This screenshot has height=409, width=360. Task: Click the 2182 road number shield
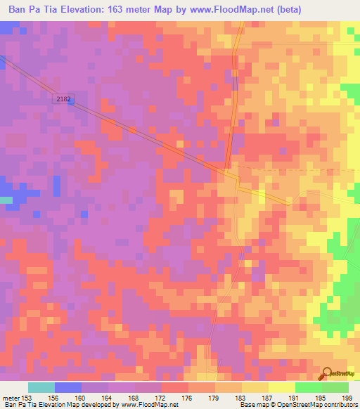point(63,100)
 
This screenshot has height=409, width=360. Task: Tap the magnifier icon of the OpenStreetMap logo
point(326,373)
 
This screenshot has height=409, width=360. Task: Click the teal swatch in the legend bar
point(41,387)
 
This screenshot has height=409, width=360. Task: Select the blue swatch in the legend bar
point(68,387)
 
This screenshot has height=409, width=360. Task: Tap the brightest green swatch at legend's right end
point(335,387)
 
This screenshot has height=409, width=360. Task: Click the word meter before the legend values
point(11,398)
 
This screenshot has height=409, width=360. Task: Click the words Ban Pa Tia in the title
point(31,10)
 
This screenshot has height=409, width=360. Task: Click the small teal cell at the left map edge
point(6,200)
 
